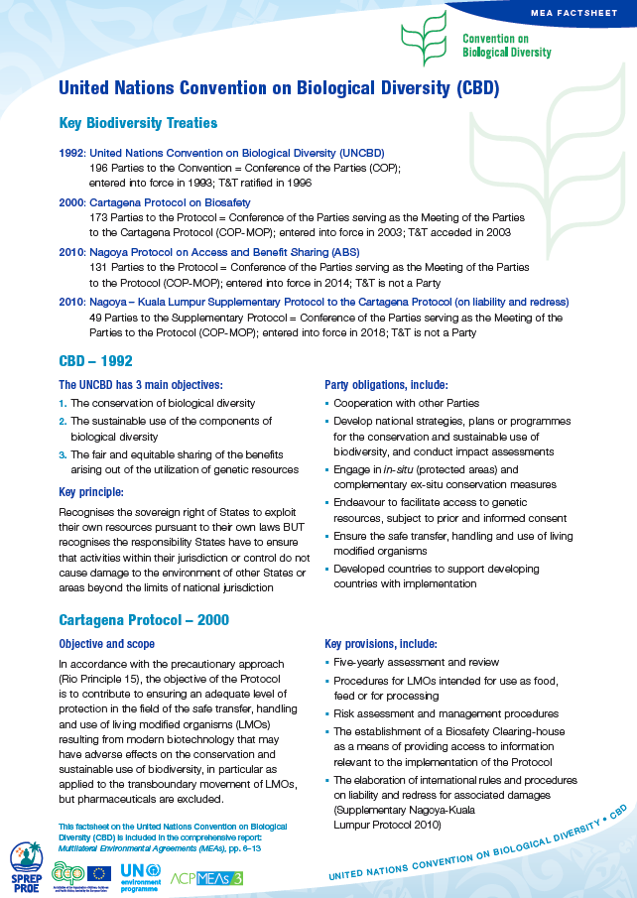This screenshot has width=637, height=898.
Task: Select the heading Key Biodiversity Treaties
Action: point(138,123)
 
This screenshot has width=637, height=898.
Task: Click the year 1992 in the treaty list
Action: point(72,153)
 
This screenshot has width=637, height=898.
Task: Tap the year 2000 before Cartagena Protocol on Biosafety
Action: point(72,201)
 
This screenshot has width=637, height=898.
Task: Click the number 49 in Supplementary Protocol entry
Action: point(95,318)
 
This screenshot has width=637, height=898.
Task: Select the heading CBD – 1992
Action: point(95,360)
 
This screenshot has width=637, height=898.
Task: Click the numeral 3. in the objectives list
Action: point(63,454)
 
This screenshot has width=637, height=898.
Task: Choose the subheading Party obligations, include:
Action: point(386,384)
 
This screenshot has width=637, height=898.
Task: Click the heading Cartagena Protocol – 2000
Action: point(144,620)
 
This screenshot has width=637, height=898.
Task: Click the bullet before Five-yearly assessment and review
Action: point(327,662)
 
